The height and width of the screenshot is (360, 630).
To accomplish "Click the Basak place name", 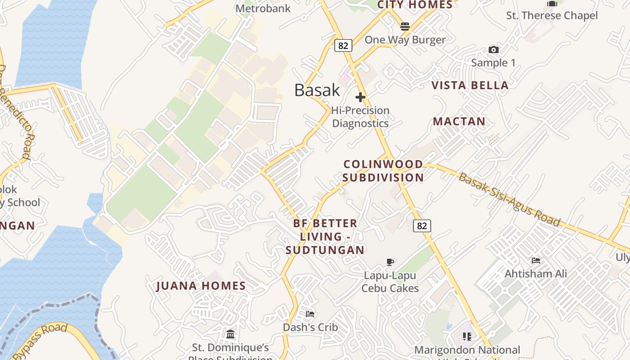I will point(317,90).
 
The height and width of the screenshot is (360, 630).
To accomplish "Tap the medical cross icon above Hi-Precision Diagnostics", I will point(360,97).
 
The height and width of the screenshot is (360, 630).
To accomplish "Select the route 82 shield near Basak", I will point(343,45).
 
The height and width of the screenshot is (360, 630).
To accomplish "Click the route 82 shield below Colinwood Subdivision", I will point(422,226).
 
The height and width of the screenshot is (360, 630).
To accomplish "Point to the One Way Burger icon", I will point(405,27).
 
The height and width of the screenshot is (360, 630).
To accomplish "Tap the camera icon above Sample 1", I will point(494,49).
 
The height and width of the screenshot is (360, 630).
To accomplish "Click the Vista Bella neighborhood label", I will point(470,85).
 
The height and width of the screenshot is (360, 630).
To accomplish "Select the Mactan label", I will point(459,121).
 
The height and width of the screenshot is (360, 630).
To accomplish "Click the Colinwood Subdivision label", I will point(383,171).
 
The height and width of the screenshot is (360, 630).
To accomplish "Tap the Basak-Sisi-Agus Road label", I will point(510,199).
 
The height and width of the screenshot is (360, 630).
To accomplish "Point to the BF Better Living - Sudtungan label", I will point(325,237).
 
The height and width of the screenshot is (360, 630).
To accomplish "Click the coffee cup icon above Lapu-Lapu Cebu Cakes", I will point(390,262).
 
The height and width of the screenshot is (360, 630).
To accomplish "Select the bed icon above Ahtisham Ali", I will point(535,261).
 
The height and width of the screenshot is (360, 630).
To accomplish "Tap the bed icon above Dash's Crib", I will point(310,314).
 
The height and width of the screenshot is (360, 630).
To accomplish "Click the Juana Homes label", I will point(201,286).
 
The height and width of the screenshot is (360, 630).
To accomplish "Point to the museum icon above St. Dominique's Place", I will point(230,334).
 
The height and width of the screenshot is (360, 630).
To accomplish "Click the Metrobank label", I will point(263,8).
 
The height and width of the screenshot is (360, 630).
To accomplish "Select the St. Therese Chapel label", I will point(552,16).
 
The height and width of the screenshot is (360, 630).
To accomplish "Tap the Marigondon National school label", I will point(467,350).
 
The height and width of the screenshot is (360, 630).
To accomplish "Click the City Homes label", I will point(414,5).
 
